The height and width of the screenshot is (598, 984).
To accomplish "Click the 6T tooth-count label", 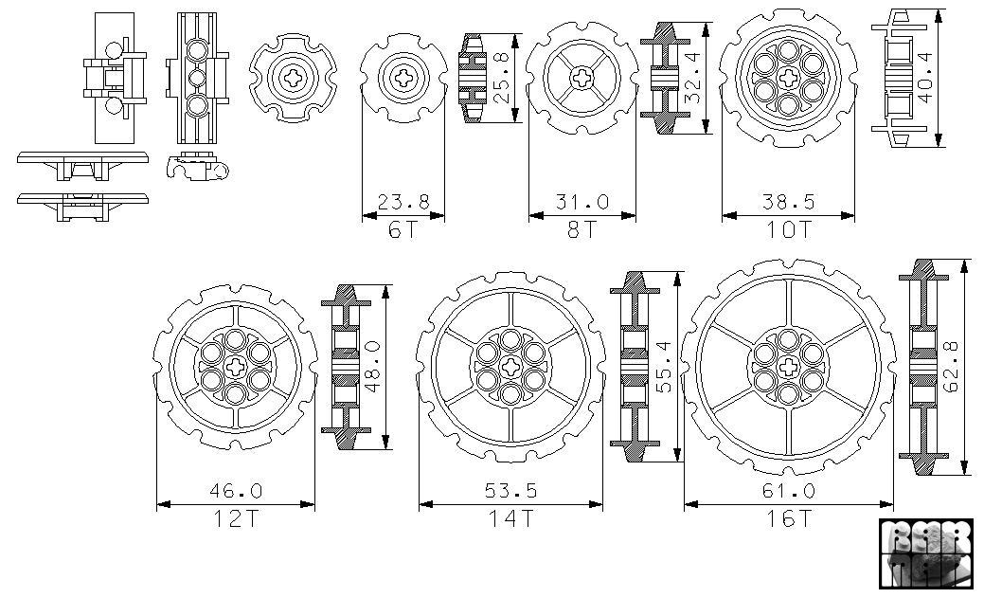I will (403, 229).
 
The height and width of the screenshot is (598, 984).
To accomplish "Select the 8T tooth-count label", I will (581, 229).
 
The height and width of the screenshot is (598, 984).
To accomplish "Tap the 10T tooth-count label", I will (788, 229).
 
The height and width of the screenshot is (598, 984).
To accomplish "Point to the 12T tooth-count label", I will (235, 518).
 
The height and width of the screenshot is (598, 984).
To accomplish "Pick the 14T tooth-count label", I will (510, 518).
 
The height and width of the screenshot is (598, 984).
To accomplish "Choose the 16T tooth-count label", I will (788, 518).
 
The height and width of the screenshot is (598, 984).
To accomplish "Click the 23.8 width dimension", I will (403, 203).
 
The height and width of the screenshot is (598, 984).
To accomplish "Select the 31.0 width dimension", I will (581, 203).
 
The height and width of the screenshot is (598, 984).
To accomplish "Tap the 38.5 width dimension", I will (788, 203).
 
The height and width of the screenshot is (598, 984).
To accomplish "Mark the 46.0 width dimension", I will (235, 491).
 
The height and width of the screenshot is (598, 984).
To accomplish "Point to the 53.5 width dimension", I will (510, 491).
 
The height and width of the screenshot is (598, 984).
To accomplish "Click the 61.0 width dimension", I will (788, 491).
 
